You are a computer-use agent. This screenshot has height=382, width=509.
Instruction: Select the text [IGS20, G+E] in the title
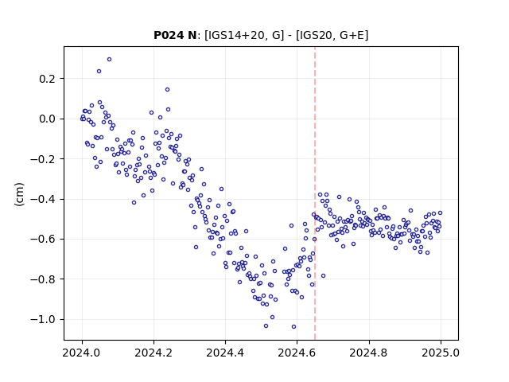click(332, 35)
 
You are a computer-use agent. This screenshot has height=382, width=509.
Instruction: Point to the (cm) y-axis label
click(19, 193)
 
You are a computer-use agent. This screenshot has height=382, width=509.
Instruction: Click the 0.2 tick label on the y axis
click(48, 79)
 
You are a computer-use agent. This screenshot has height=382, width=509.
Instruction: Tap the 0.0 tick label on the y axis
click(48, 119)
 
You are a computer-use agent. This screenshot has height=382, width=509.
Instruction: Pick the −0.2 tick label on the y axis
click(43, 159)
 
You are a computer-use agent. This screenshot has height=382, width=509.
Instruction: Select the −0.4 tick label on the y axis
click(43, 199)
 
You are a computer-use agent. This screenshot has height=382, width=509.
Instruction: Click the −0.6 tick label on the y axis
click(43, 239)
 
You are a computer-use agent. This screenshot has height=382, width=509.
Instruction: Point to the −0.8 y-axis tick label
click(43, 279)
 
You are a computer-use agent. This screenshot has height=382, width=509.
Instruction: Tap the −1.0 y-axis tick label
click(43, 320)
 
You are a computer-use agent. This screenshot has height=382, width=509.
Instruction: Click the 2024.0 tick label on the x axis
click(82, 353)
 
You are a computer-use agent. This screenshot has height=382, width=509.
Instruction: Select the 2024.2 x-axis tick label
click(153, 353)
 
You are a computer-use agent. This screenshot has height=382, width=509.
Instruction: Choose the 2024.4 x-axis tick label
click(225, 353)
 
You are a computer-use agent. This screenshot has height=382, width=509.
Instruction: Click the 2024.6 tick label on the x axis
click(297, 353)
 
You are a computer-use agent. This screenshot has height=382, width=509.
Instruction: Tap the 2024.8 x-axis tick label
click(369, 353)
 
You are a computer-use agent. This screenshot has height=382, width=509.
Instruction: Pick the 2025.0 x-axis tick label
click(441, 353)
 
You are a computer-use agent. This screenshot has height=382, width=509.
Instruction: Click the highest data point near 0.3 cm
click(110, 60)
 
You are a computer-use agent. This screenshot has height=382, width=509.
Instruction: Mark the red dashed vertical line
click(315, 193)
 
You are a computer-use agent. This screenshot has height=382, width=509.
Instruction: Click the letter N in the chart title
click(192, 35)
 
